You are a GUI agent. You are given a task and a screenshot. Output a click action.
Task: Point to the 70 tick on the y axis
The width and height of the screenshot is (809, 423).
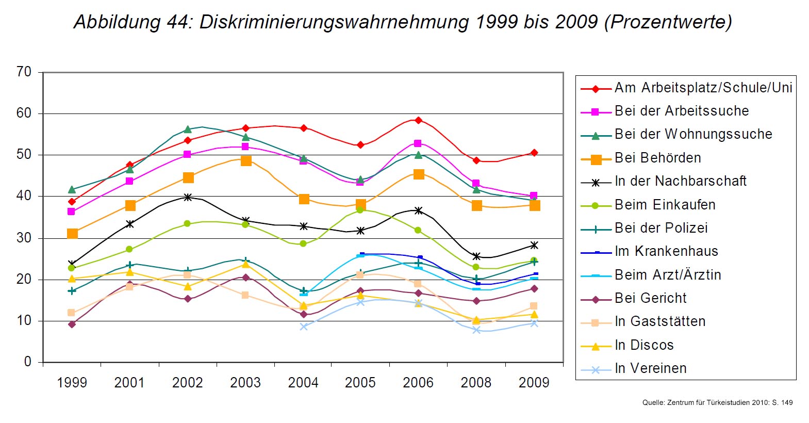tap(24, 72)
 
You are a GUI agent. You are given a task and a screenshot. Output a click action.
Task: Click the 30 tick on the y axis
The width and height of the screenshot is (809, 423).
tap(24, 238)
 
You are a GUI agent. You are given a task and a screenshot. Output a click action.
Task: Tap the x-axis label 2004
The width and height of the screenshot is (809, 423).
tap(303, 383)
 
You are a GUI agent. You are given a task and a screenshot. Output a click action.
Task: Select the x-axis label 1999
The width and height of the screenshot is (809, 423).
tap(72, 383)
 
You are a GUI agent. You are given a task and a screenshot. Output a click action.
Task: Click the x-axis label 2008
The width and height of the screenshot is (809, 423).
tap(476, 383)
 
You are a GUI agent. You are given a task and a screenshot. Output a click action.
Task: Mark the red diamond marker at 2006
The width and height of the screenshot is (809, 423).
tap(418, 120)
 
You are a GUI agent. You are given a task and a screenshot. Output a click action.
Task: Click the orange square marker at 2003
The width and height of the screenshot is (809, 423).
tap(246, 161)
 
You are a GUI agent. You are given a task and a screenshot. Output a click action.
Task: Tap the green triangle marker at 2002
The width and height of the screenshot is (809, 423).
tap(188, 129)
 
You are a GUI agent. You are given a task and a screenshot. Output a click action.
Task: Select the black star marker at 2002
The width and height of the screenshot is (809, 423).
tap(188, 197)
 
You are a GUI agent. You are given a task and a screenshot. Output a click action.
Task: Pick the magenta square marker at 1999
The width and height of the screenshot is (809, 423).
tap(72, 211)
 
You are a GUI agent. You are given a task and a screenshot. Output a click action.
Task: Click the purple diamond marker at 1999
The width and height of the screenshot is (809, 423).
tap(72, 324)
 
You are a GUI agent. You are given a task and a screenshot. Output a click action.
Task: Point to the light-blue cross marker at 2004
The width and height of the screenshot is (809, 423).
tap(304, 327)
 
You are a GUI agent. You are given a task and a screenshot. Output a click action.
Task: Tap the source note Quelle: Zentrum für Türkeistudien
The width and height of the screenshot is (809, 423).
tap(717, 402)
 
